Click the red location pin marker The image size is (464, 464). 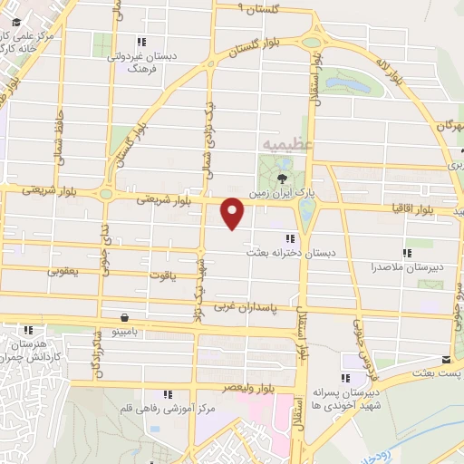(x=234, y=213)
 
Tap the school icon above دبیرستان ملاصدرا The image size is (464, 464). (x=407, y=253)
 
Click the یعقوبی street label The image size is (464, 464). (x=76, y=271)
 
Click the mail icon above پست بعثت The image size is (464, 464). (x=444, y=359)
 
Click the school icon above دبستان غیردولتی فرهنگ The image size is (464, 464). (x=140, y=42)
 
